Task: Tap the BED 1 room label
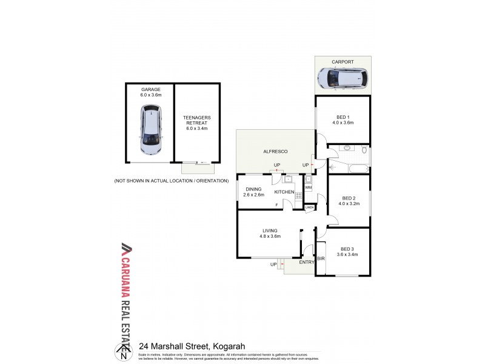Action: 343,117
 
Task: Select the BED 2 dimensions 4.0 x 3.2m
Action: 349,203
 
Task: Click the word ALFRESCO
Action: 275,151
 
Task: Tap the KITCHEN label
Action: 284,192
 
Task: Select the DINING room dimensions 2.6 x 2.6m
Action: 254,195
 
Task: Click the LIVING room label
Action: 270,231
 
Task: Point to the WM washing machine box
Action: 309,187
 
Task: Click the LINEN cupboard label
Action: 310,208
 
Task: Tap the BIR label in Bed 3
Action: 321,258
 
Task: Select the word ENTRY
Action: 306,262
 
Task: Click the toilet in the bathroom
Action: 363,150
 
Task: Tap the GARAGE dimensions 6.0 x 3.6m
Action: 151,95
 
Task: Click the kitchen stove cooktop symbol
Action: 298,195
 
